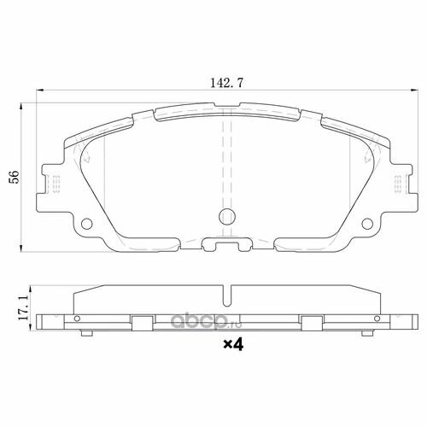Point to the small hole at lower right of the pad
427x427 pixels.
[369, 226]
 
